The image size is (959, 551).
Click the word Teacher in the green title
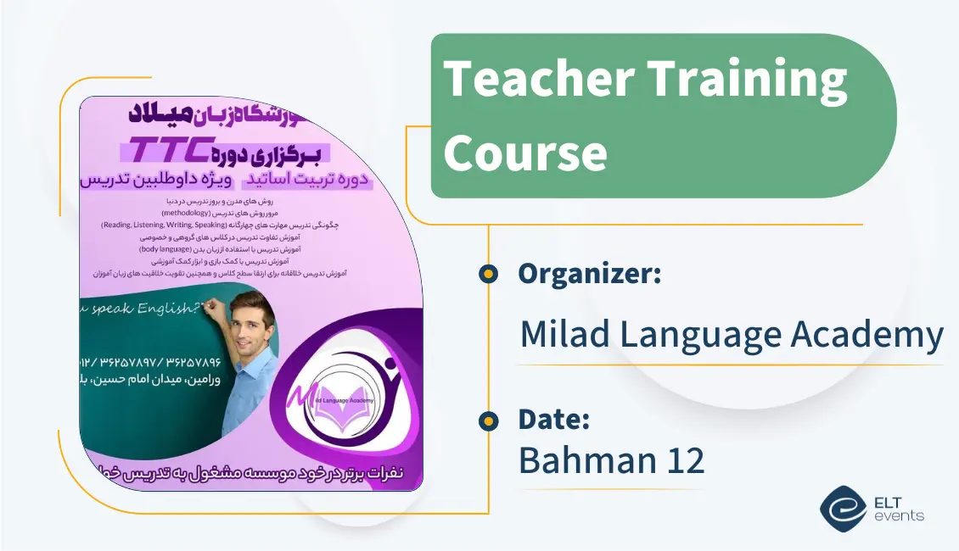click(536, 79)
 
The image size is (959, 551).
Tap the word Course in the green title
click(525, 154)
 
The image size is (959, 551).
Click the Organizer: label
click(590, 274)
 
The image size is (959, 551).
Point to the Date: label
click(554, 419)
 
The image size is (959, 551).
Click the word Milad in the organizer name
click(564, 334)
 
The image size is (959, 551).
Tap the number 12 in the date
click(684, 460)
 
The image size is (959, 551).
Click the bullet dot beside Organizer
click(488, 274)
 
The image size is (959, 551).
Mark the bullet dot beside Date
click(488, 420)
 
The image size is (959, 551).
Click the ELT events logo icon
click(843, 508)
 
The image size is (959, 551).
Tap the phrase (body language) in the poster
click(174, 250)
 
